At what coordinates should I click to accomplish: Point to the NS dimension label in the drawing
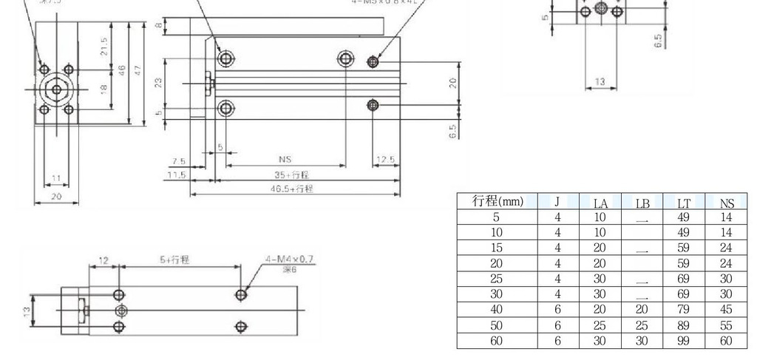click(285, 159)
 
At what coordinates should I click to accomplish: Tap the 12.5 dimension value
click(385, 160)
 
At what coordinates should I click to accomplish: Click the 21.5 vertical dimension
click(105, 46)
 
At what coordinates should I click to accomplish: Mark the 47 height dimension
click(138, 70)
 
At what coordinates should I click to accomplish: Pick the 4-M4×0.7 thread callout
click(289, 259)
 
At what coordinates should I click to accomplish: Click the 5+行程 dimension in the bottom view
click(174, 259)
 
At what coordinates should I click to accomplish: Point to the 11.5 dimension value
click(175, 175)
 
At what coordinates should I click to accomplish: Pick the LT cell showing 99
click(684, 341)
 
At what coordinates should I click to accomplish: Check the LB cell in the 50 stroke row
click(642, 325)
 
